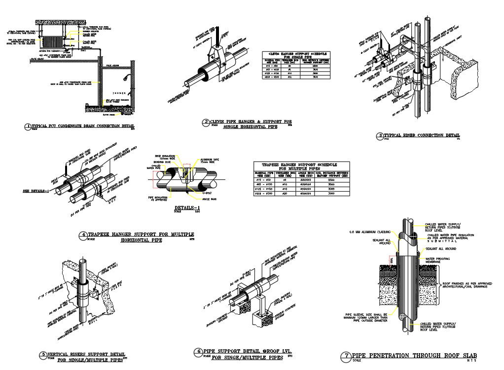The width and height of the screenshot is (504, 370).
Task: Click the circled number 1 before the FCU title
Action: tap(28, 126)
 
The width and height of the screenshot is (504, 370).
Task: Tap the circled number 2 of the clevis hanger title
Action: tap(206, 122)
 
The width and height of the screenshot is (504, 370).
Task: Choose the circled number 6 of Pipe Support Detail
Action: tap(198, 352)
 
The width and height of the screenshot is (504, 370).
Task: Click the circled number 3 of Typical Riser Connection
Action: tap(380, 135)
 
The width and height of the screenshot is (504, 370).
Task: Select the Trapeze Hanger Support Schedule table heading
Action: tap(301, 166)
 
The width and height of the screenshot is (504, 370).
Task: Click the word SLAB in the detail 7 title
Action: tap(467, 356)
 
